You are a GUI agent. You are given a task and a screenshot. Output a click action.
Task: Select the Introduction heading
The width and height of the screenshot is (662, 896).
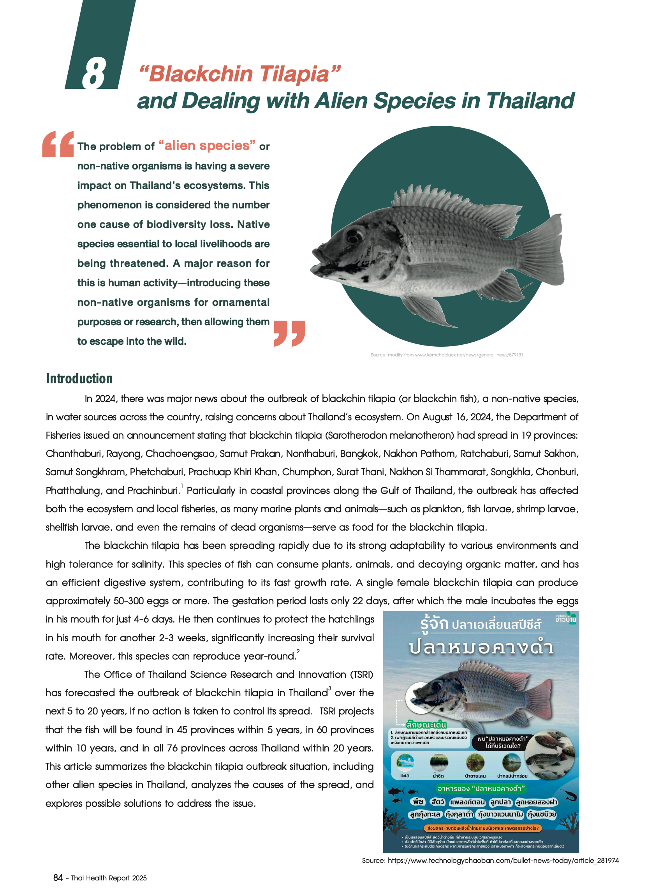pos(79,378)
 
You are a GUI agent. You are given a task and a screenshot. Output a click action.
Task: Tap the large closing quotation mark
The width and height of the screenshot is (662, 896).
pos(289,333)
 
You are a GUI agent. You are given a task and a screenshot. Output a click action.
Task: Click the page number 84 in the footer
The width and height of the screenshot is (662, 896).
pos(58,878)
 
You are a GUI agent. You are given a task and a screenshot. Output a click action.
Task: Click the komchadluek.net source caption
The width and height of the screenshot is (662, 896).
pos(447,355)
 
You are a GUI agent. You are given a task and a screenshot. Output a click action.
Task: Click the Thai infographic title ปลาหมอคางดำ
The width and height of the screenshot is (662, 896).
pos(481,648)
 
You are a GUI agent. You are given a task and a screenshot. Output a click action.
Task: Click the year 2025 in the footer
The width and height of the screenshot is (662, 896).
pos(139,878)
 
